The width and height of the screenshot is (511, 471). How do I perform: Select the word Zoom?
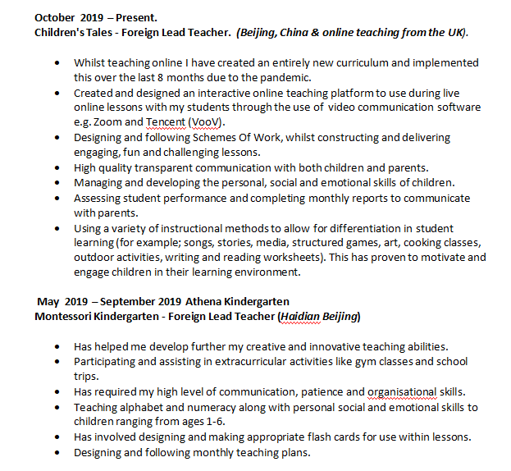pos(106,121)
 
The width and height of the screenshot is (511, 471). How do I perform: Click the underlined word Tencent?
pos(166,121)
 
